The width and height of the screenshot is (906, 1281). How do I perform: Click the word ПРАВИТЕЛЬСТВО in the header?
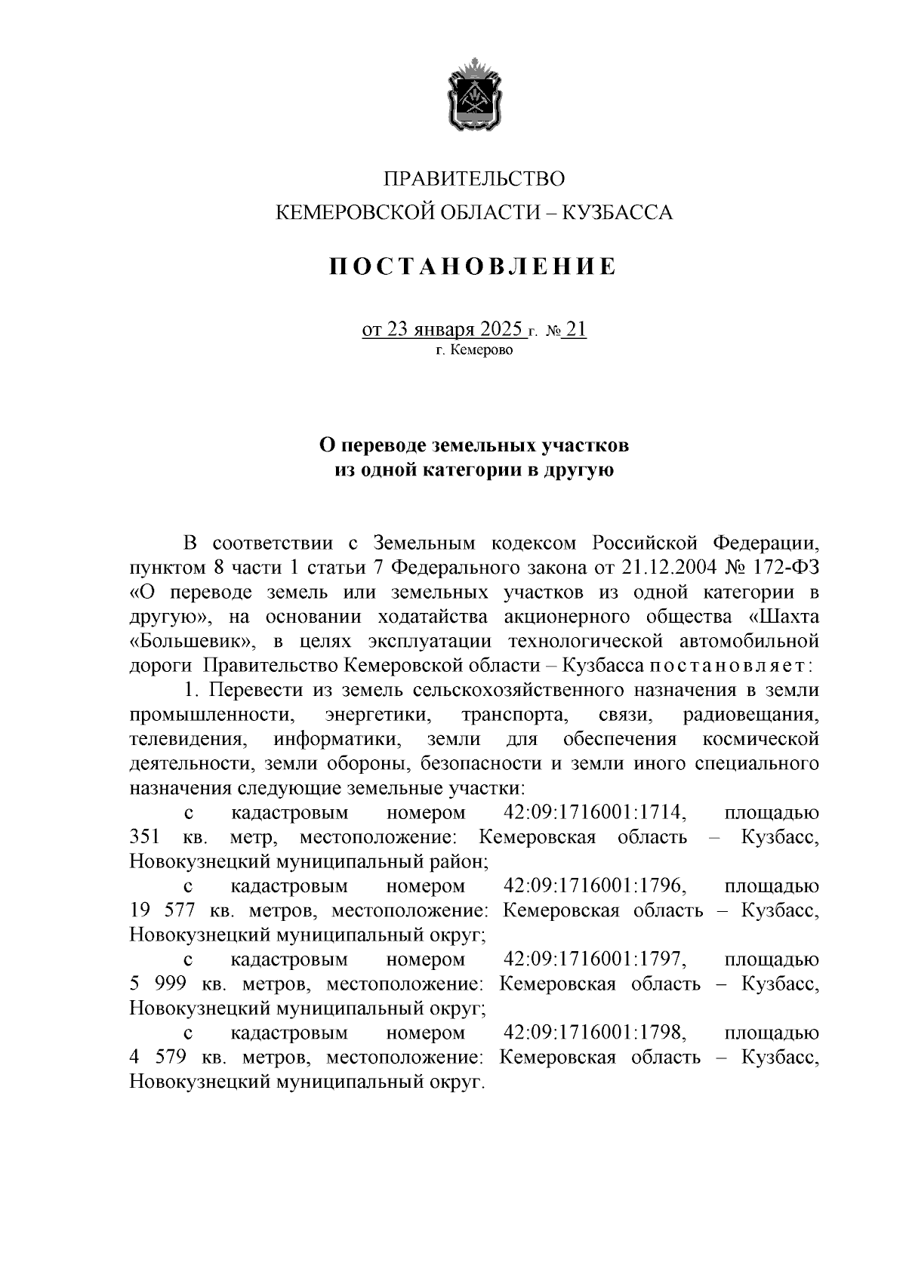point(474,179)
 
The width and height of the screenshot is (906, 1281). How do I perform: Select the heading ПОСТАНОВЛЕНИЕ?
point(473,266)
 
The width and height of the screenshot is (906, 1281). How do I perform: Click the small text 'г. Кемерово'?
point(474,350)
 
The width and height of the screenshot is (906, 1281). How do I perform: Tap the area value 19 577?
point(162,911)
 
